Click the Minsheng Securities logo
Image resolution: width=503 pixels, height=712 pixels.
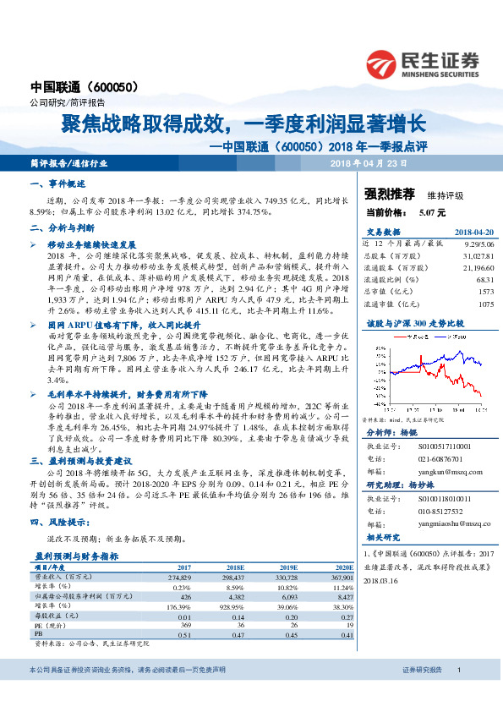[423, 63]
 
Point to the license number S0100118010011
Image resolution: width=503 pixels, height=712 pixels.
[442, 501]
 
